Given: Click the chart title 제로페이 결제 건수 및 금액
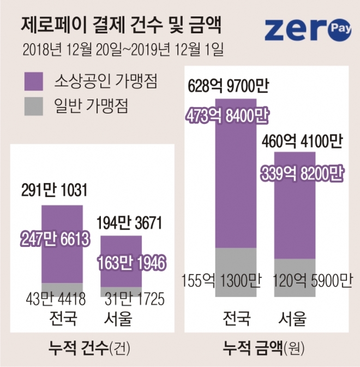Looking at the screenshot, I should pos(122,25).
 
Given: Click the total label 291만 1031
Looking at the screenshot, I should pos(54,191).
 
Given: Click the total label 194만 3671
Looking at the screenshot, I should pos(129,223).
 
